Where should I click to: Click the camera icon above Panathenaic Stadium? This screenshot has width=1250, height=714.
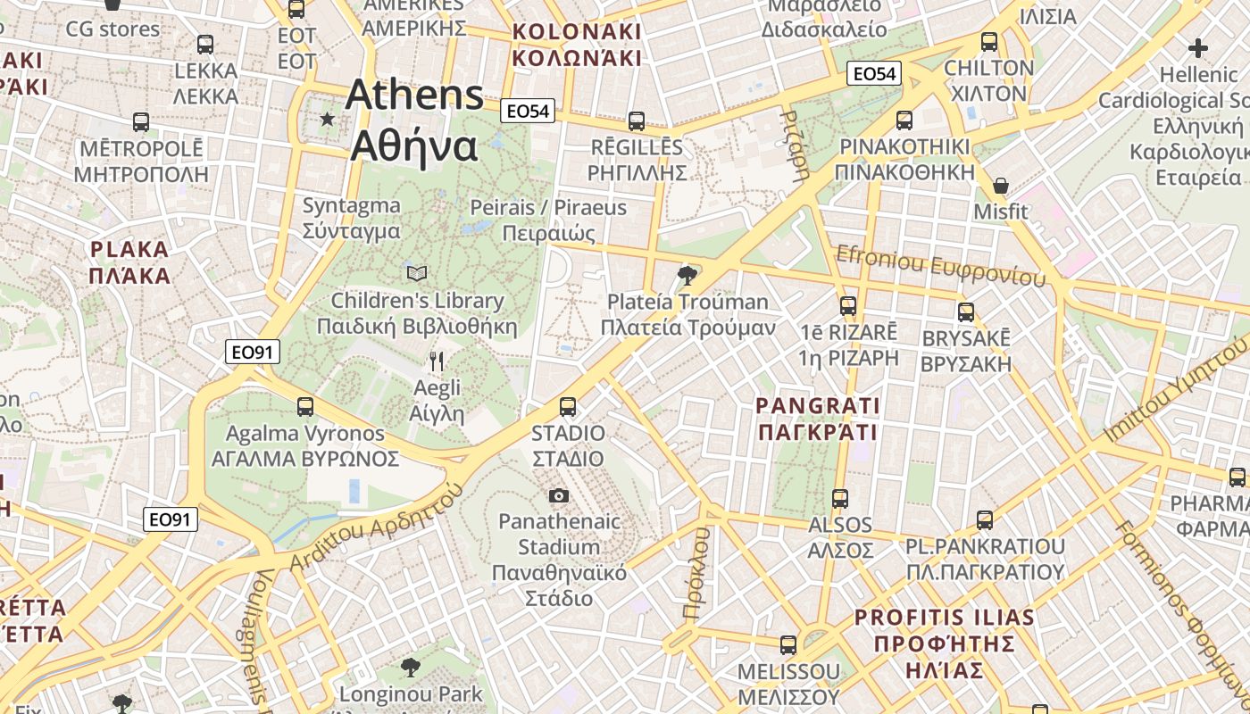(x=559, y=495)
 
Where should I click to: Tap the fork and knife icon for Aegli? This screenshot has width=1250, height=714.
(x=437, y=361)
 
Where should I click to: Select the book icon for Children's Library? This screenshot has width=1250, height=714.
(x=417, y=273)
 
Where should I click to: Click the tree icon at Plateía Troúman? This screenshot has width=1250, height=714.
(x=687, y=275)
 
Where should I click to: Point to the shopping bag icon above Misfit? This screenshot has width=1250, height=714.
(x=1001, y=186)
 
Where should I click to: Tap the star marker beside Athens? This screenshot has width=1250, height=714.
(x=328, y=119)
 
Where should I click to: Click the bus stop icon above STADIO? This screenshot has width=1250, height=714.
(x=568, y=407)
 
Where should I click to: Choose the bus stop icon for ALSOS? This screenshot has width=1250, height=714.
(x=840, y=499)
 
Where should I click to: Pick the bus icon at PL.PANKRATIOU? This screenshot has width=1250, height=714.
(x=985, y=519)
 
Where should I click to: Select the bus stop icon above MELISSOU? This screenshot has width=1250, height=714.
(x=788, y=644)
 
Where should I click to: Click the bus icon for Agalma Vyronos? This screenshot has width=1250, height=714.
(x=305, y=407)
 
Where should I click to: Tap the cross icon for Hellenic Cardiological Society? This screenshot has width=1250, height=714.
(x=1197, y=48)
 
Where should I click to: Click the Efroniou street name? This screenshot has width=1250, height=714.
(x=939, y=265)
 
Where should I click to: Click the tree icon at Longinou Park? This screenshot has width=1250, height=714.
(x=411, y=667)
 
